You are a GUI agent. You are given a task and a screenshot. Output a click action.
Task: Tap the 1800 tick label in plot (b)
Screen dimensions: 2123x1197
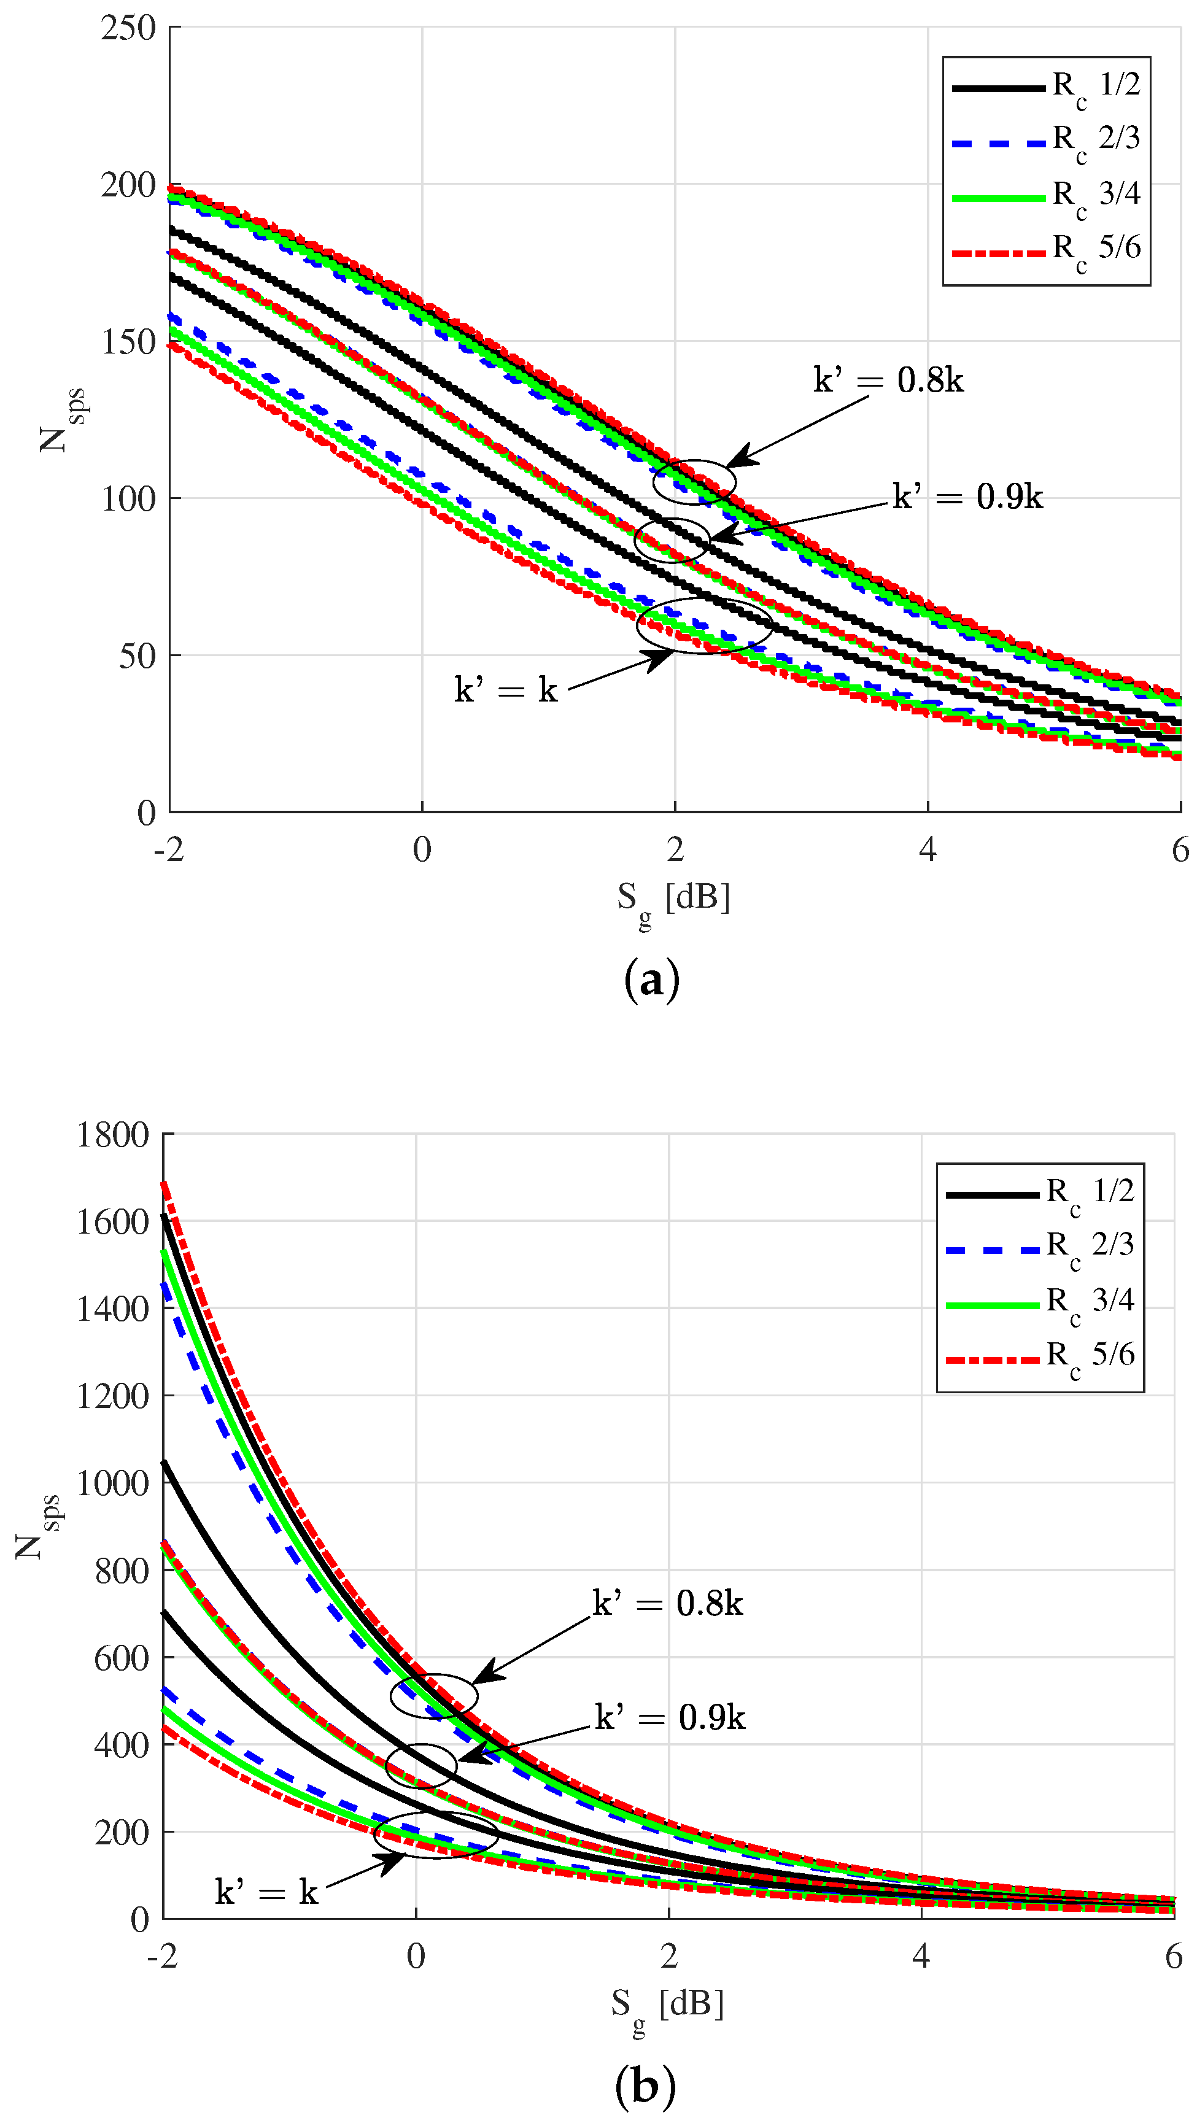113,1135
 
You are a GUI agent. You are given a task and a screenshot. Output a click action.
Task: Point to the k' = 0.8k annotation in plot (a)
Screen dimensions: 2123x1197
888,380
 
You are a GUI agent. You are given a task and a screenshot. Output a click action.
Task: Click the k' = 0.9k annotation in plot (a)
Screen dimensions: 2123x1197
968,497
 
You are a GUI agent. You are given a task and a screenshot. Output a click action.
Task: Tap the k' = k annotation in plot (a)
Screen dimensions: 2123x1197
505,690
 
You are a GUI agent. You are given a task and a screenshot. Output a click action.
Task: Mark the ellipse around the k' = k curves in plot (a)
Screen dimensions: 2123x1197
704,625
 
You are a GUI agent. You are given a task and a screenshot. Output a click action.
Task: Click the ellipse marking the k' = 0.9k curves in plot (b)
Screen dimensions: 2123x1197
420,1765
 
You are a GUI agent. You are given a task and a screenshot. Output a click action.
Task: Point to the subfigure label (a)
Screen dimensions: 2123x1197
651,981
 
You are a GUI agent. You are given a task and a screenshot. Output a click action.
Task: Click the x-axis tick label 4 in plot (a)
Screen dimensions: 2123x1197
928,849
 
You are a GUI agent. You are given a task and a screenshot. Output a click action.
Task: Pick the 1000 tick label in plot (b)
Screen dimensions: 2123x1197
113,1483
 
